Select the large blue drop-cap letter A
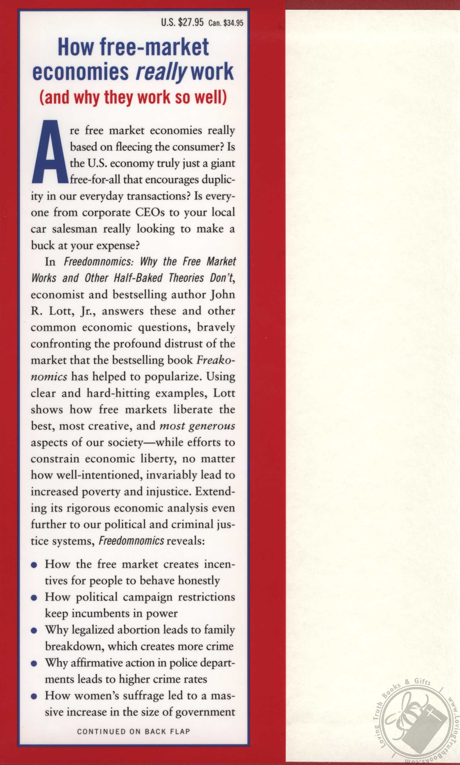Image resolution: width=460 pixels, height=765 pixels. coord(50,152)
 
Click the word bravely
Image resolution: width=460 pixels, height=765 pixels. coord(216,327)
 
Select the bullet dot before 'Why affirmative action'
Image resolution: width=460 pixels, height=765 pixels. coord(34,664)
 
